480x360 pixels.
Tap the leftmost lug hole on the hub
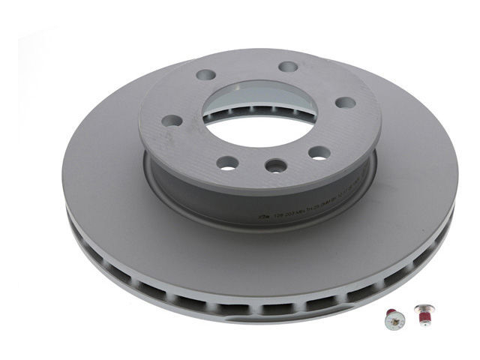pyautogui.click(x=172, y=120)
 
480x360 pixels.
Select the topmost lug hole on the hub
pyautogui.click(x=288, y=67)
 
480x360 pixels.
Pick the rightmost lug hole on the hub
pyautogui.click(x=345, y=102)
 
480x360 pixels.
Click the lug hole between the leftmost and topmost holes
pyautogui.click(x=205, y=75)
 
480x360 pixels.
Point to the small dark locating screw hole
pyautogui.click(x=276, y=165)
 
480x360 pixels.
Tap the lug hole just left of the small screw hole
pyautogui.click(x=227, y=162)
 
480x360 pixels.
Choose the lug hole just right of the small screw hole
pyautogui.click(x=319, y=153)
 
